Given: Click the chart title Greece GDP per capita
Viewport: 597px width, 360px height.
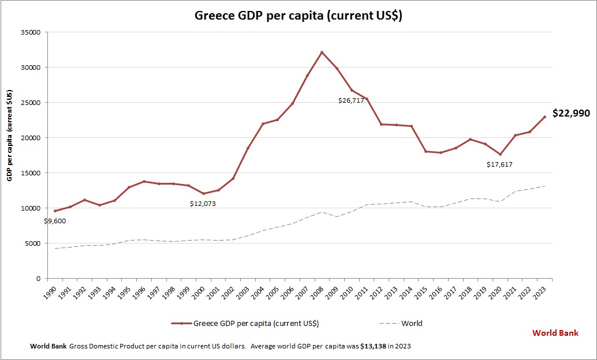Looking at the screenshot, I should point(298,16).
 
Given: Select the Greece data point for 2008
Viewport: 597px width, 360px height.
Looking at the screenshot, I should point(322,52).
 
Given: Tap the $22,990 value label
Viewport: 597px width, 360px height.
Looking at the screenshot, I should point(571,114).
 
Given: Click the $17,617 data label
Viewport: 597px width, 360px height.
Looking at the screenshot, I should point(499,164).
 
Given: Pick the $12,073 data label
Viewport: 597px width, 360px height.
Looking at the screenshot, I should point(203,204).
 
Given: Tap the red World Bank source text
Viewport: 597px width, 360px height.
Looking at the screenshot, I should point(555,333).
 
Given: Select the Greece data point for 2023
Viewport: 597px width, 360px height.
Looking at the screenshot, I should point(544,117).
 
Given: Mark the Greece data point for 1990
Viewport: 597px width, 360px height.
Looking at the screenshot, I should point(55,211).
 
